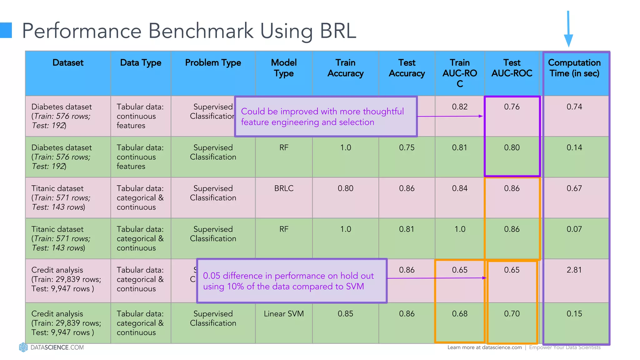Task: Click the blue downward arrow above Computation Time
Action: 568,30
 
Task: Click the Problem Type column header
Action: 213,63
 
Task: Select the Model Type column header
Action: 284,68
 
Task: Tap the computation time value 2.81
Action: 574,270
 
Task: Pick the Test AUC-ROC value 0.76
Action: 512,107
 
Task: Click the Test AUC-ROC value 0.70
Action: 512,314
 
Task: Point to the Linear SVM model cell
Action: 284,314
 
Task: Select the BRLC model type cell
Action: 284,188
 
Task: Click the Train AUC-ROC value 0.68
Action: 460,314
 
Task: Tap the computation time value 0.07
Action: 574,229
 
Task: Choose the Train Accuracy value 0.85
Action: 345,314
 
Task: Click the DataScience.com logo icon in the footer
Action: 23,347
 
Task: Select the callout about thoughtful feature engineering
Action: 326,117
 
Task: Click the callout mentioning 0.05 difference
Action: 292,281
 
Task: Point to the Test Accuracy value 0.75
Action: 407,148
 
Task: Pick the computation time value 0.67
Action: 574,188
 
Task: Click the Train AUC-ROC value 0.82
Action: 460,107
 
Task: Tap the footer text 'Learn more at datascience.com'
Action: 484,347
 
